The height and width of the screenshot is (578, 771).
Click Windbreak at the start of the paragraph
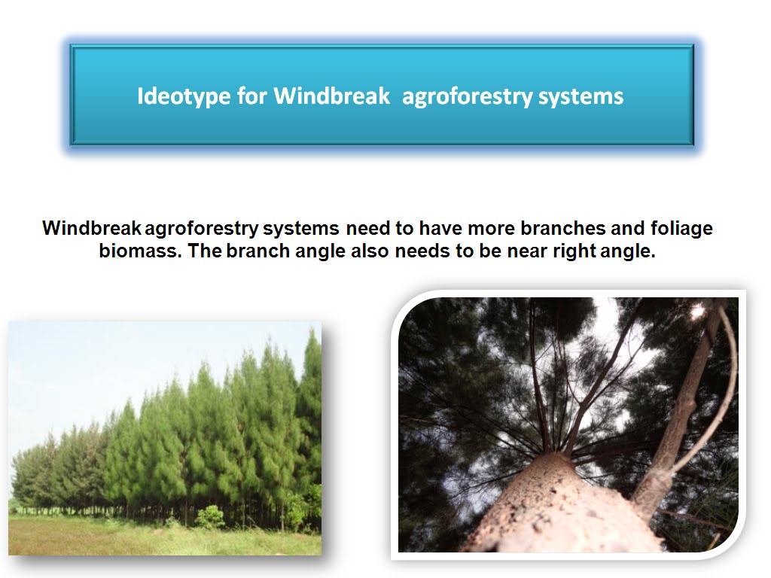click(x=91, y=228)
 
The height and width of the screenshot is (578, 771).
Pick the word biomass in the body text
click(x=140, y=251)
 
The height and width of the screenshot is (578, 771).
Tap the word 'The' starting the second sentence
click(x=205, y=251)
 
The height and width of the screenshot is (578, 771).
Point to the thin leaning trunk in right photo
click(x=678, y=421)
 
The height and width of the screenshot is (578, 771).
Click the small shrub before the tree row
click(x=210, y=517)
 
